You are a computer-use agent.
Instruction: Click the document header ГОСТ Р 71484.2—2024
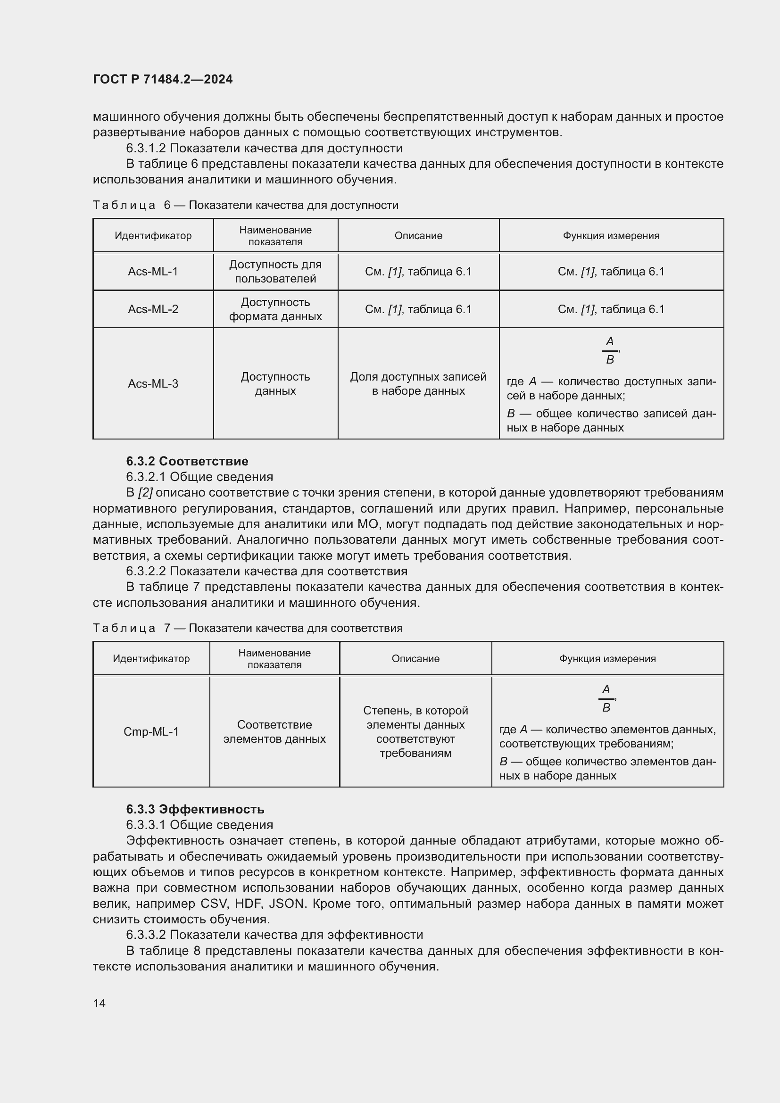point(162,79)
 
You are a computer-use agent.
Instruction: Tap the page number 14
point(100,1003)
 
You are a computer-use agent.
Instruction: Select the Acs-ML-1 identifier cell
point(153,272)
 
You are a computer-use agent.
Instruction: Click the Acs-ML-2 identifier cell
point(153,309)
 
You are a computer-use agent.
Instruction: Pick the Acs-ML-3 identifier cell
point(153,383)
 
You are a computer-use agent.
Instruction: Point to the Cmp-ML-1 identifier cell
point(151,731)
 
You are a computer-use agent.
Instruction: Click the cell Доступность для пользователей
point(275,272)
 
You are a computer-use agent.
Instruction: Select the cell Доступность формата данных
point(275,309)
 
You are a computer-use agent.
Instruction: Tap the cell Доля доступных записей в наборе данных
point(418,383)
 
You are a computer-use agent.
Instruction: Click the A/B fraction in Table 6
point(609,350)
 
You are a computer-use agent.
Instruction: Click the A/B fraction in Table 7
point(606,698)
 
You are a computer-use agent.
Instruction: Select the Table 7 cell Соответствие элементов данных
point(274,731)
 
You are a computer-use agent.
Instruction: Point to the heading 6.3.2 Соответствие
point(187,461)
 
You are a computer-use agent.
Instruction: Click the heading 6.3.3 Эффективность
point(195,809)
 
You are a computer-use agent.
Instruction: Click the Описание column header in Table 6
point(418,235)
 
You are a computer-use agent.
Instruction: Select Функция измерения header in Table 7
point(607,658)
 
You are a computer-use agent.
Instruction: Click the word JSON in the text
point(287,904)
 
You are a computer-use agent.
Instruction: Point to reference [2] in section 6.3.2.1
point(145,492)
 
